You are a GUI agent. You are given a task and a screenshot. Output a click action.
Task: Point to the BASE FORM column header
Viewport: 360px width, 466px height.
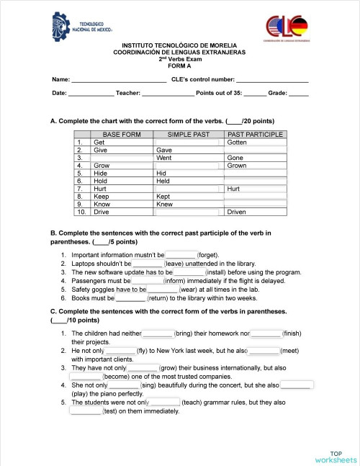pyautogui.click(x=122, y=135)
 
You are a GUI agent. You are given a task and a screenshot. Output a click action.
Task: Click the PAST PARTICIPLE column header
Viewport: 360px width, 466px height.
pyautogui.click(x=256, y=135)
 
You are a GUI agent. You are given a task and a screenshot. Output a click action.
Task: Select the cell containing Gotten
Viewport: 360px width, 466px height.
pyautogui.click(x=256, y=143)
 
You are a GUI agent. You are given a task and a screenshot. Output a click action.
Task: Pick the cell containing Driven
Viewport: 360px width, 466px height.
pyautogui.click(x=256, y=212)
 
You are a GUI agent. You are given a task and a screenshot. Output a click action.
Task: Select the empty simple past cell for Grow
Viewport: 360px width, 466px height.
pyautogui.click(x=189, y=166)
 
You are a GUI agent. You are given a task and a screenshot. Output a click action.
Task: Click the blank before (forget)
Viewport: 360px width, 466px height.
pyautogui.click(x=181, y=255)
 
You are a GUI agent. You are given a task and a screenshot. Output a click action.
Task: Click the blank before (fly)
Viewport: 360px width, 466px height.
pyautogui.click(x=120, y=349)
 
